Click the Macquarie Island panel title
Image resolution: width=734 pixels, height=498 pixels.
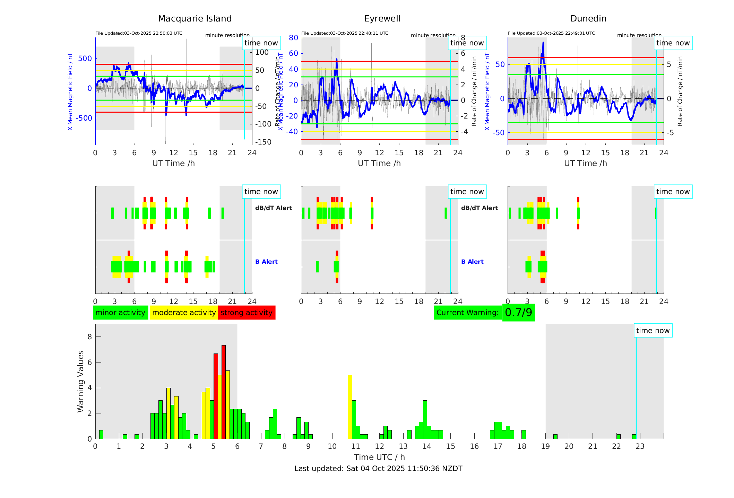[x=195, y=19]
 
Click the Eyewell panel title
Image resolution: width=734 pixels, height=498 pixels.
[x=382, y=19]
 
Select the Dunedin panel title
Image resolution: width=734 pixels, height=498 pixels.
[x=588, y=19]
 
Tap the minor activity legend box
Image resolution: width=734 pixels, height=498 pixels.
[x=120, y=313]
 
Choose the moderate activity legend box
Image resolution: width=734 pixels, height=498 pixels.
[x=184, y=313]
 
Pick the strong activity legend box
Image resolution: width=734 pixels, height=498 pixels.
[x=247, y=313]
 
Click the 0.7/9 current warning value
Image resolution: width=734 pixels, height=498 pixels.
[x=518, y=313]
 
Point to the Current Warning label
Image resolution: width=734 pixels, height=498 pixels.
[x=467, y=313]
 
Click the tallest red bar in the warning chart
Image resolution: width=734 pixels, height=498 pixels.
[x=224, y=392]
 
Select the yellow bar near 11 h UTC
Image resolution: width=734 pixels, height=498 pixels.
[x=350, y=407]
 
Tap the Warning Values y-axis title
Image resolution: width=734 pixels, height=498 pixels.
[x=81, y=381]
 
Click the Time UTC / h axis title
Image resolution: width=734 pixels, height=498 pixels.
[x=379, y=457]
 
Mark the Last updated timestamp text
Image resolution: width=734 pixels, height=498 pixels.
[x=378, y=469]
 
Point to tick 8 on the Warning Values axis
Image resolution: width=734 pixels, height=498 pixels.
[x=90, y=337]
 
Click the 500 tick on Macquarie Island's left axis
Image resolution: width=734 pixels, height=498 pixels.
[x=85, y=59]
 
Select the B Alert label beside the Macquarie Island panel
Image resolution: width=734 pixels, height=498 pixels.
[x=266, y=262]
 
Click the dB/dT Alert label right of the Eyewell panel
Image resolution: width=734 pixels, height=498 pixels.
[x=479, y=208]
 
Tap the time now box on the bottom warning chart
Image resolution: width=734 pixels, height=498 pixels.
[x=653, y=331]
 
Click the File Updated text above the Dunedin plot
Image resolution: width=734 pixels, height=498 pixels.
[x=551, y=33]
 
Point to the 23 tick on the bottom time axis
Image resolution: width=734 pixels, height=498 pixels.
[x=640, y=446]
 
